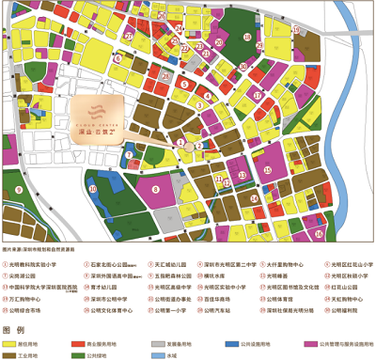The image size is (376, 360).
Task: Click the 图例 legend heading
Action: click(x=14, y=332)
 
